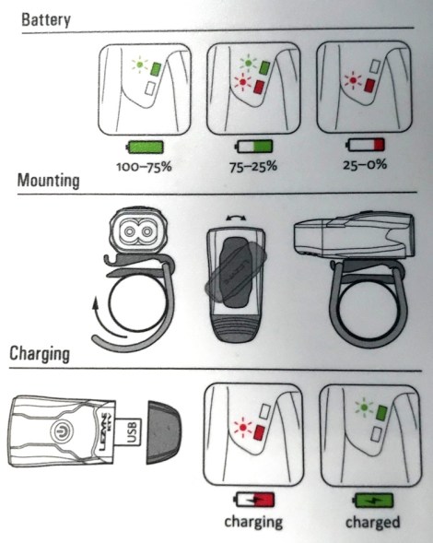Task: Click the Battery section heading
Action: pos(46,19)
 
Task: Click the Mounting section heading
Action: pos(49,181)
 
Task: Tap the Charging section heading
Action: pos(40,354)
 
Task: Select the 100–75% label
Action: pos(144,167)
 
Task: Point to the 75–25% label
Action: pos(253,167)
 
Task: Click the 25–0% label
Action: pos(365,164)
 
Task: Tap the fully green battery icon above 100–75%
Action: pos(145,148)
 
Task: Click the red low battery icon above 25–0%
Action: pos(366,145)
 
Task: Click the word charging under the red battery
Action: pos(253,522)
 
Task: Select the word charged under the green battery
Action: pos(373,522)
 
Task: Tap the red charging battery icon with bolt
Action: pos(254,500)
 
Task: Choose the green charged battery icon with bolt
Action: pos(373,500)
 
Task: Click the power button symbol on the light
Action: pos(63,431)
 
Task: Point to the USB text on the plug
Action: pos(133,431)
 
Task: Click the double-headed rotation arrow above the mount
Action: pos(236,218)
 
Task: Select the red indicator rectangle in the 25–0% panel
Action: pos(370,85)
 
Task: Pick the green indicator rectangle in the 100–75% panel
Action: pos(155,69)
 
